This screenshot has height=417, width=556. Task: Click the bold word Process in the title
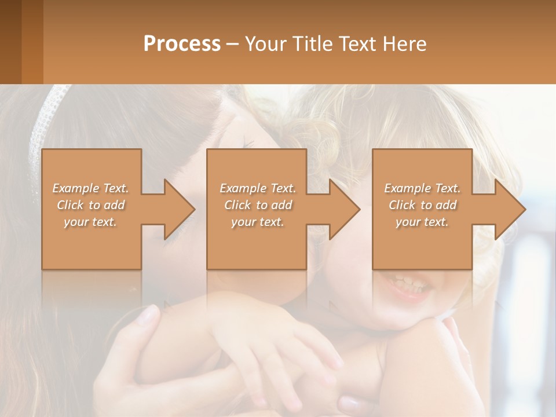(x=182, y=44)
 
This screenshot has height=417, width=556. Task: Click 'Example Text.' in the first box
(x=91, y=188)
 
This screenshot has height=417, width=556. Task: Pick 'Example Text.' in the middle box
(x=258, y=188)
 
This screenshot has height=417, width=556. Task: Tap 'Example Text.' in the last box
(x=422, y=188)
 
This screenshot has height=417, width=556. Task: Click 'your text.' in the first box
(x=91, y=222)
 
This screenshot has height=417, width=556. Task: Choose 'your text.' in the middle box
(x=258, y=222)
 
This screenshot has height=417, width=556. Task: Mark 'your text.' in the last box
(x=422, y=222)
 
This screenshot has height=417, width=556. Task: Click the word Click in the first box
(x=70, y=205)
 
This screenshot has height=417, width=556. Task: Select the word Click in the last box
(x=402, y=205)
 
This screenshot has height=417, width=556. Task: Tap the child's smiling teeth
(x=409, y=284)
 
